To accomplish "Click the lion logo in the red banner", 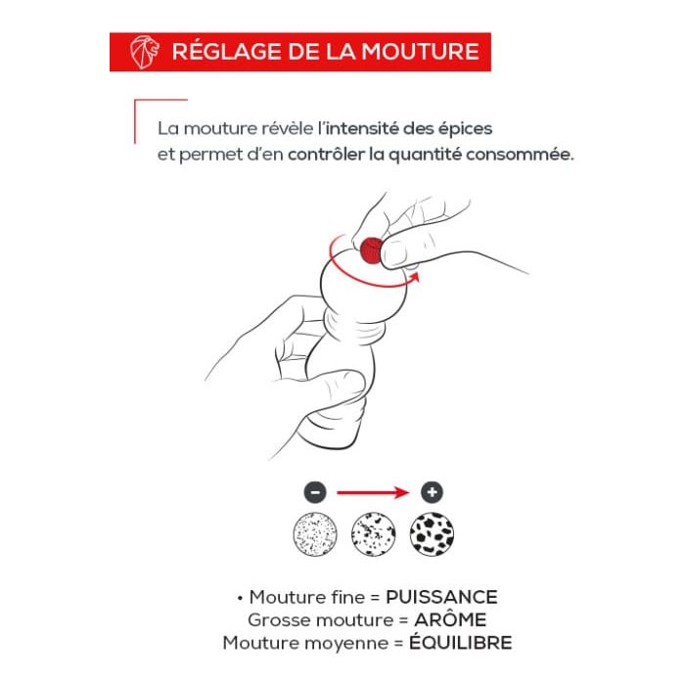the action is tap(145, 52).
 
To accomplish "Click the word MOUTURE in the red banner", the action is tap(420, 52).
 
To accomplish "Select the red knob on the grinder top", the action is tap(371, 251).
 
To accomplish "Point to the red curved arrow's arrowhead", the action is tap(414, 277).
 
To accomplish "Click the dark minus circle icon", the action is tap(315, 492).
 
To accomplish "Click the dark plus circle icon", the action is tap(433, 492).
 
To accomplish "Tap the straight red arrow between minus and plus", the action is tap(373, 493).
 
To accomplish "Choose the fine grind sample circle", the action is tap(315, 534).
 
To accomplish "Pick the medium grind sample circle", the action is tap(373, 534).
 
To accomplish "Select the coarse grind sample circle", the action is tap(432, 534).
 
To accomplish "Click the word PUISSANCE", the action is tap(441, 597).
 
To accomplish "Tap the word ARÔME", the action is tap(450, 619).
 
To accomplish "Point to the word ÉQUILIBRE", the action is tap(461, 642).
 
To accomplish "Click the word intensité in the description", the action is tap(361, 128).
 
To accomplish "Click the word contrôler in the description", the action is tap(326, 155).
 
